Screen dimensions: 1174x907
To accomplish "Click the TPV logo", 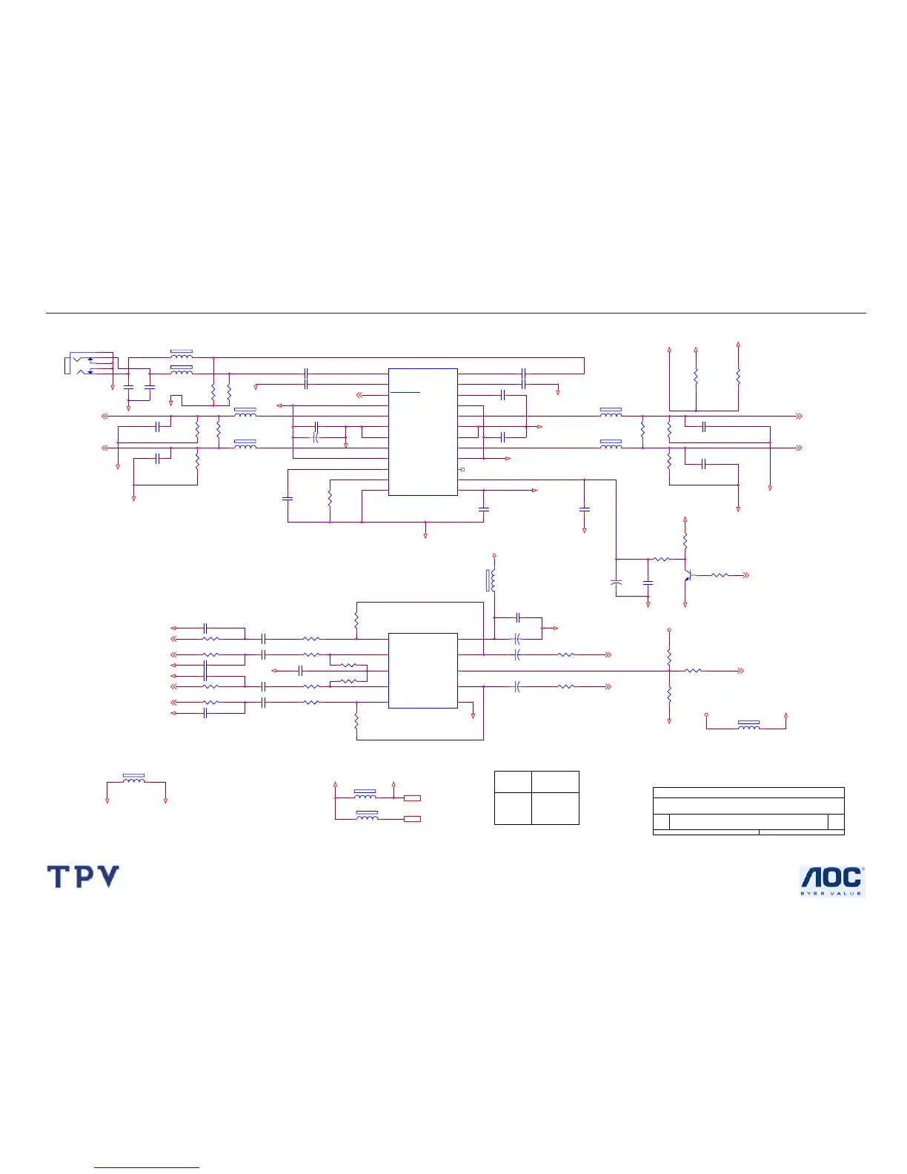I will (83, 877).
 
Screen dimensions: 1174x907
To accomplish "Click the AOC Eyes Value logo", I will (832, 881).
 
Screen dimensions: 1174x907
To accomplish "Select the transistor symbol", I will (688, 574).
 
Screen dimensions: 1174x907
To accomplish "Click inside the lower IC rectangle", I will (422, 670).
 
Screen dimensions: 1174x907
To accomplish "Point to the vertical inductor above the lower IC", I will (492, 580).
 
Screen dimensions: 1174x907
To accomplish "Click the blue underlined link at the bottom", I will (147, 1167).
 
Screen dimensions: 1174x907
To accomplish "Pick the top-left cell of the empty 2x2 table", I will (513, 782).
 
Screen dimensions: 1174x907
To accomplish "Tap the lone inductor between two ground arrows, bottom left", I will (134, 780).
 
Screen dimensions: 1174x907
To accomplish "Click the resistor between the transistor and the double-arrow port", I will (720, 575).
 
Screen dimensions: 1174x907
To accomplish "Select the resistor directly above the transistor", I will (685, 539).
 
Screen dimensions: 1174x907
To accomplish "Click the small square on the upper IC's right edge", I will (462, 470).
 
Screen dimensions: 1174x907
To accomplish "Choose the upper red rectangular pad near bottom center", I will (413, 798).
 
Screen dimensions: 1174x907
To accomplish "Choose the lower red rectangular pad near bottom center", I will (413, 819).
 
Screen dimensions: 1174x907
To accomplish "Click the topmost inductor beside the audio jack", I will (182, 355).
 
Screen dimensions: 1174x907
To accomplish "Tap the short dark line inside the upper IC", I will (405, 391).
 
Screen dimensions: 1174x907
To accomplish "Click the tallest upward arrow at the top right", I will (738, 345).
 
